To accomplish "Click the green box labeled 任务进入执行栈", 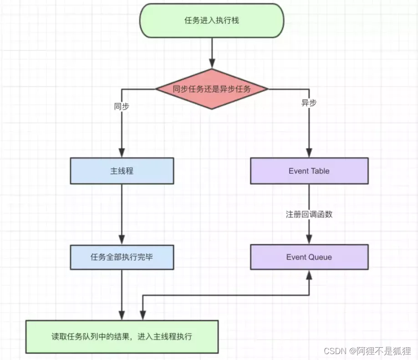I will (212, 21).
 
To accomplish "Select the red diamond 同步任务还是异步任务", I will (212, 89).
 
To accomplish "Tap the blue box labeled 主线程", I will (122, 171).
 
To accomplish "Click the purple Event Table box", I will (309, 171).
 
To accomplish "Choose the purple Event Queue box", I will (309, 257).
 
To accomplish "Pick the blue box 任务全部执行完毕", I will (122, 257).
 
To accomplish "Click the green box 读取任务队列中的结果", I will (122, 337).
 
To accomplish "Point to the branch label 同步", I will (121, 105).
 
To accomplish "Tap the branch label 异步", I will (309, 103).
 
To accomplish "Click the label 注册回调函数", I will (309, 214).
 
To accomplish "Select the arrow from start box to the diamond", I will (212, 52).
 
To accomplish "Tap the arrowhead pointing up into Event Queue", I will (309, 274).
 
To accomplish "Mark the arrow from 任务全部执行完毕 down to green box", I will (122, 294).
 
